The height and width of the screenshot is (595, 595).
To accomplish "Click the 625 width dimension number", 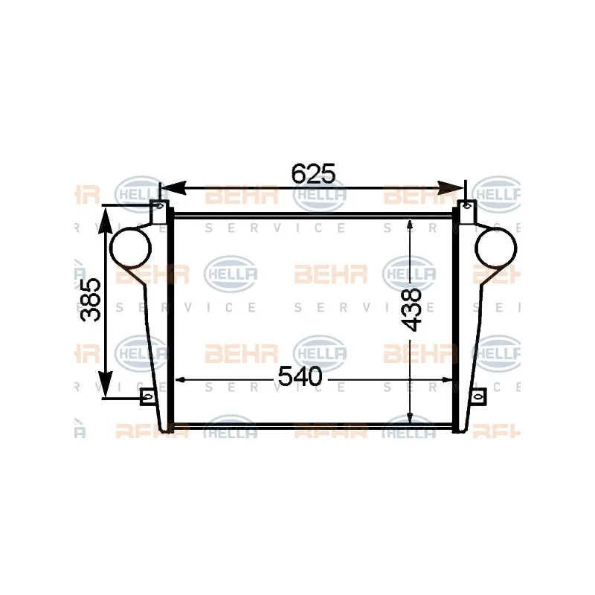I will click(313, 173).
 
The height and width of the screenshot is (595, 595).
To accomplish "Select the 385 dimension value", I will click(91, 300).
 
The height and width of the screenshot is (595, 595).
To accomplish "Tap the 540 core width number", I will click(300, 378).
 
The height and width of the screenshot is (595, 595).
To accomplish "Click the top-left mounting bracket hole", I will click(159, 205).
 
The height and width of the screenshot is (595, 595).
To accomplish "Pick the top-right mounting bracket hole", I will click(467, 205).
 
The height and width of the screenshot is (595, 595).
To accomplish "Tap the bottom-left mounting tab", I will click(147, 397).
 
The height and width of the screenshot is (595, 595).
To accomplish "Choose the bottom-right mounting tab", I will click(479, 397).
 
